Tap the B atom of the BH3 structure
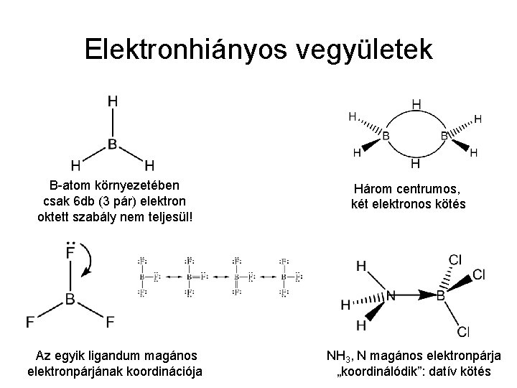tap(113, 144)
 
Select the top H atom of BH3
tap(113, 103)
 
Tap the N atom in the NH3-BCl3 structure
tap(391, 295)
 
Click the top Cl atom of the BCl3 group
tap(455, 259)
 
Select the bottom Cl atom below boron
tap(463, 331)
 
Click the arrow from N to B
tap(414, 295)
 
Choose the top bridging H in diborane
tap(416, 105)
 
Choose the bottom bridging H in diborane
tap(416, 165)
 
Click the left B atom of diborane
tap(386, 135)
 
